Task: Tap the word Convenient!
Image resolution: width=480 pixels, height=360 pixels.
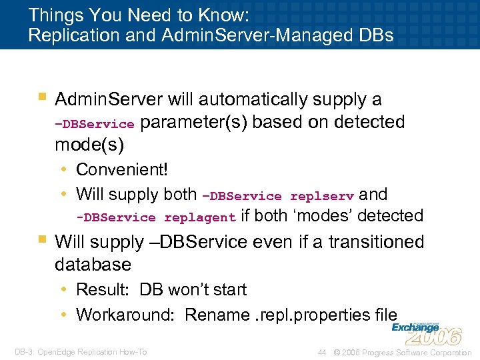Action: [122, 169]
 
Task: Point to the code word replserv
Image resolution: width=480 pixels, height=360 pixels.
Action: [322, 196]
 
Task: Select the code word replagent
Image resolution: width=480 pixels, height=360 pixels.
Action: [200, 217]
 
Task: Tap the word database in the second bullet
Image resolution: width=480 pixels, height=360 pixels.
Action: [93, 265]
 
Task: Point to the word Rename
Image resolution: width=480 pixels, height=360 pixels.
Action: [215, 315]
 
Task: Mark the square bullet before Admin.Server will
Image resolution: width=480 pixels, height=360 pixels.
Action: [42, 97]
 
